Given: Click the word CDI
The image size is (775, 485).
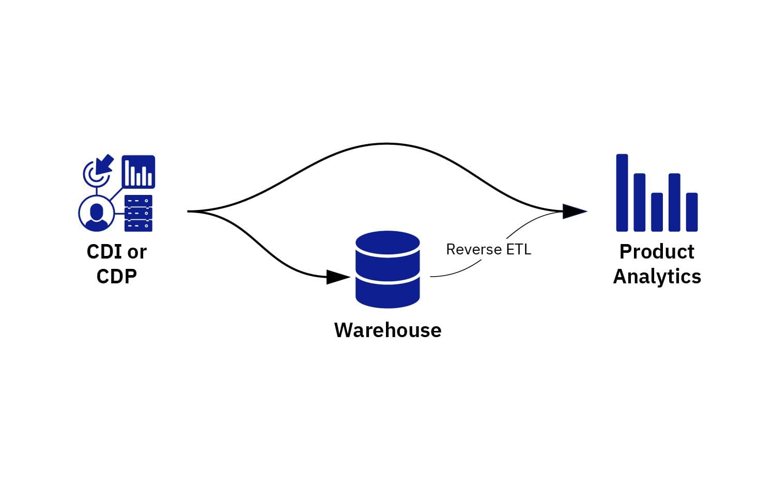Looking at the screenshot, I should tap(104, 252).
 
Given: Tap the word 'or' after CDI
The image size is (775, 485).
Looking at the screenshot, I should tap(137, 252).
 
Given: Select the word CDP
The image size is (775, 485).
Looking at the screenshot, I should tap(117, 276).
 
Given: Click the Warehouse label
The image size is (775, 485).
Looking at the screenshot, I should tap(388, 330).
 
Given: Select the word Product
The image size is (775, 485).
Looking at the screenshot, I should tap(657, 252).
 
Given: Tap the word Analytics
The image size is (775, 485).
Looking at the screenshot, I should tap(657, 276).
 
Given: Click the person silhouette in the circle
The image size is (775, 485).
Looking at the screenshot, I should tap(97, 213).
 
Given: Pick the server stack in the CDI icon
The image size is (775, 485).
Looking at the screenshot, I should tap(138, 213).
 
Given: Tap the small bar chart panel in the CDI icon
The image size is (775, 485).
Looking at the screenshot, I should tap(138, 172).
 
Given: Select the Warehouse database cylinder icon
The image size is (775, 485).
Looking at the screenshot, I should tap(388, 269).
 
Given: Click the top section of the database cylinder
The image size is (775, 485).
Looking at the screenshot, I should tap(388, 242).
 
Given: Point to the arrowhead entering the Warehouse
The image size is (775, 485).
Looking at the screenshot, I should tap(338, 277).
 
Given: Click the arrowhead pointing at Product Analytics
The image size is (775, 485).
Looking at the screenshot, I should tap(574, 211).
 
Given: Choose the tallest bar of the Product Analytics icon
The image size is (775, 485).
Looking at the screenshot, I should tap(622, 192).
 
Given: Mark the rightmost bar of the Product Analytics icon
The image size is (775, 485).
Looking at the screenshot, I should tap(692, 212).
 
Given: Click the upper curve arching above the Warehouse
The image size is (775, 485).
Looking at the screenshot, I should tap(386, 144).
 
